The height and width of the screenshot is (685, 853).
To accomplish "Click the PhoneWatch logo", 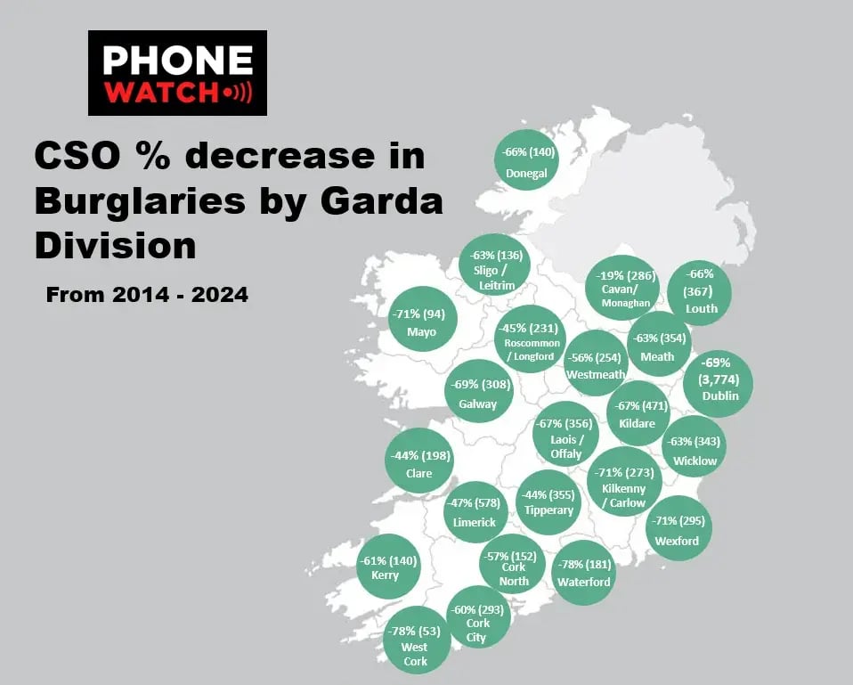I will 177,73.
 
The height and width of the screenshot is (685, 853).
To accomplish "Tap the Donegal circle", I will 526,162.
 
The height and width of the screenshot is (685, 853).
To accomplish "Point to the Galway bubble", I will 478,392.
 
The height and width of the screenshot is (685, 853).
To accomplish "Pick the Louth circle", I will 700,292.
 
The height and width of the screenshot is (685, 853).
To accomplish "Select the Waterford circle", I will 584,572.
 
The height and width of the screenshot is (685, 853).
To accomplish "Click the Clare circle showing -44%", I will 418,461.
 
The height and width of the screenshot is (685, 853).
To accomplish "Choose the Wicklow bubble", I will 695,449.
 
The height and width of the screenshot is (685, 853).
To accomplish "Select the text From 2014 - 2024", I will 147,294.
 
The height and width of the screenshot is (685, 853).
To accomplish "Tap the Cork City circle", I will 478,616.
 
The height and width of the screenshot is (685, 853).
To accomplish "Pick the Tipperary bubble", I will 548,502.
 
